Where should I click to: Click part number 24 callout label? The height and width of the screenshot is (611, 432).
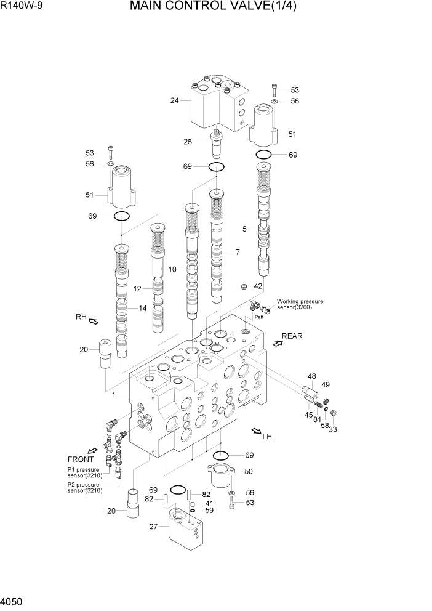175,100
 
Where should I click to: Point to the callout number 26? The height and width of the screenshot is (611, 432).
188,142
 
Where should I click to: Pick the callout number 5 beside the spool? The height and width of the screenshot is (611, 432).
245,229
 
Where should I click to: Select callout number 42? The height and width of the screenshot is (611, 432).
258,286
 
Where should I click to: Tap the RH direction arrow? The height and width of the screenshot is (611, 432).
94,320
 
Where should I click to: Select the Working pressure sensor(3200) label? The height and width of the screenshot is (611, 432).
300,304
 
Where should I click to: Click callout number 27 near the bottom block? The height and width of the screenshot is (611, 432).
154,526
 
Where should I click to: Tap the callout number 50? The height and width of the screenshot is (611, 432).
249,471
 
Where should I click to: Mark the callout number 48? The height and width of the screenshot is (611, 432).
311,376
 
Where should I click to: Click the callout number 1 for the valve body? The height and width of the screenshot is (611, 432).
113,395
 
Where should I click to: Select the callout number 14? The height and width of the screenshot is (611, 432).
142,309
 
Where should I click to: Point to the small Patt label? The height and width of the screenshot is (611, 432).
259,317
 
